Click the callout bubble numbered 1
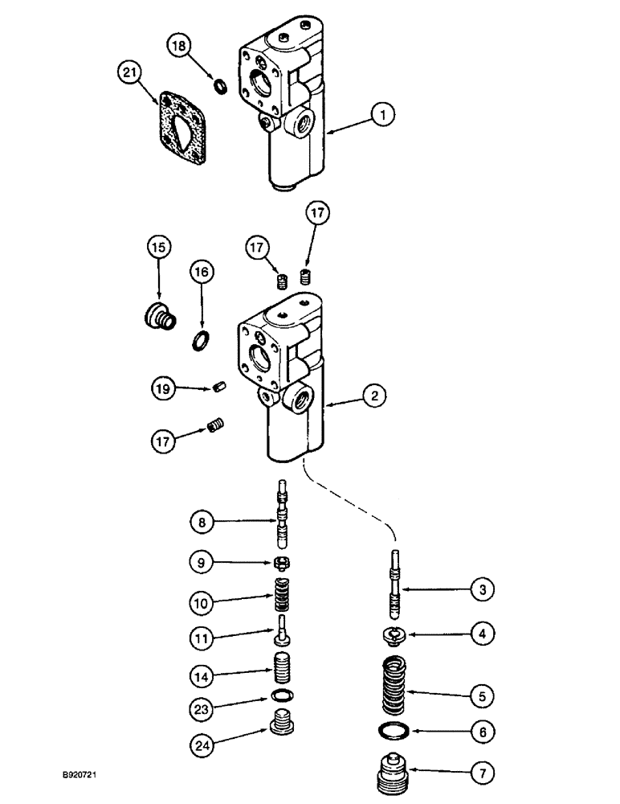tap(383, 116)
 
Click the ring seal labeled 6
tap(394, 732)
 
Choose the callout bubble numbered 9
tap(202, 561)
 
